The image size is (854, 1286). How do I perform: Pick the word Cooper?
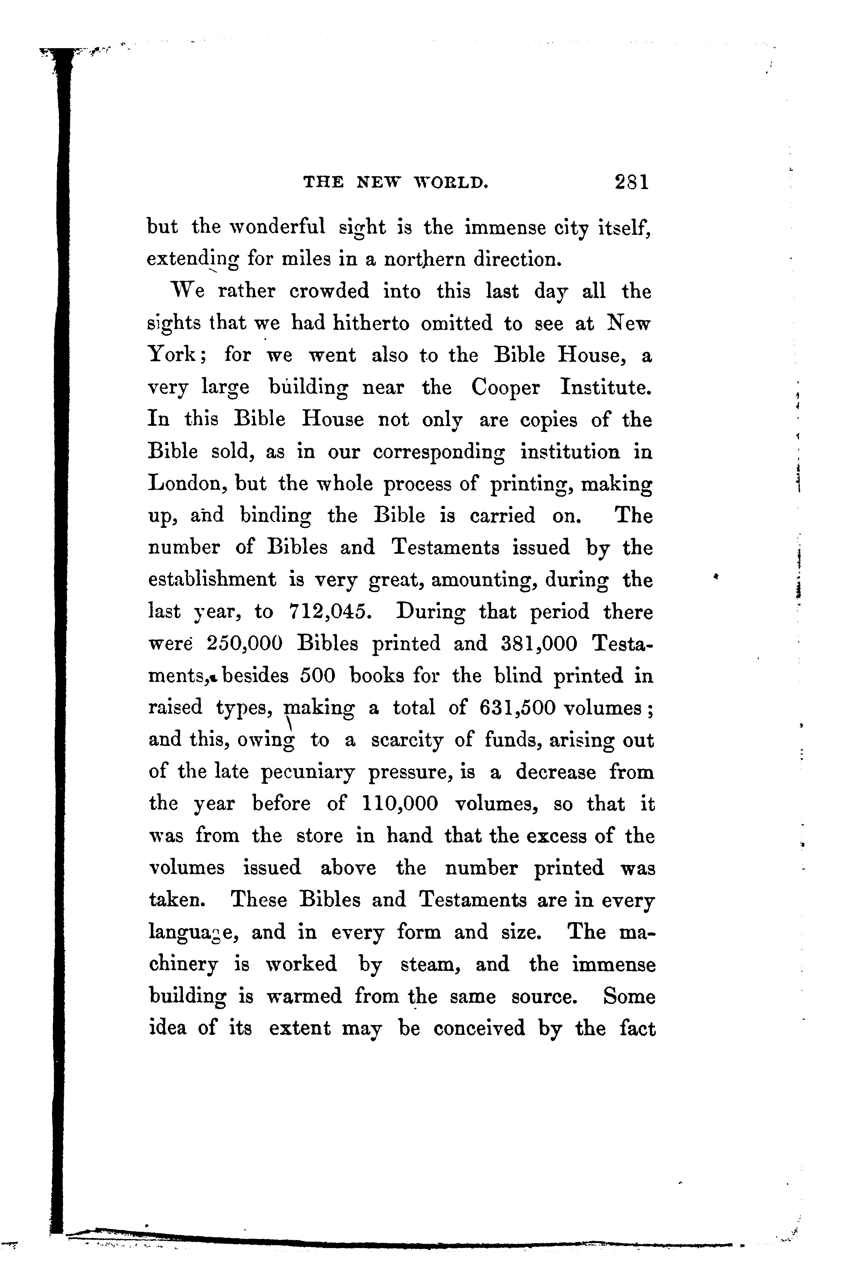tap(506, 387)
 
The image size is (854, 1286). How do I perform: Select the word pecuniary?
tap(308, 772)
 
